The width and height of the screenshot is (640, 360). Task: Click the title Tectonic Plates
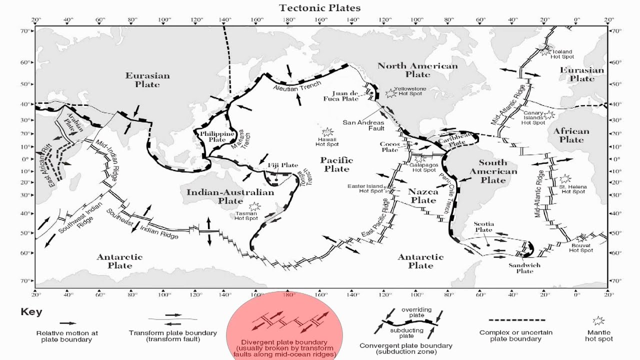tap(320, 7)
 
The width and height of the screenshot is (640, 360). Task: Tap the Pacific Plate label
tap(336, 164)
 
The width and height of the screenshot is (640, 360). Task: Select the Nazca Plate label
tap(423, 196)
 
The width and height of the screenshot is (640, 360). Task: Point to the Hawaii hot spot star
tap(327, 132)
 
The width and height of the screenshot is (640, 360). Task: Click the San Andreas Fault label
tap(363, 125)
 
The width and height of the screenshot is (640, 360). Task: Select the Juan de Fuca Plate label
tap(346, 96)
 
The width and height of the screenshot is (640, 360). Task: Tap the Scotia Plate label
tap(483, 227)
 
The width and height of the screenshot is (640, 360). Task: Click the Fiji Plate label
tap(282, 165)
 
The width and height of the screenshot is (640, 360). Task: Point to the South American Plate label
tap(493, 171)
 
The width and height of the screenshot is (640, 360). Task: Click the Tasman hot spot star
tap(255, 206)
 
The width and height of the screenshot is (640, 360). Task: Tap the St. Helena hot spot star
tap(565, 178)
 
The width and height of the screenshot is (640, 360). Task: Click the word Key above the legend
tap(31, 312)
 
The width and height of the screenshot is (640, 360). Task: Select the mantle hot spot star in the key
tap(597, 320)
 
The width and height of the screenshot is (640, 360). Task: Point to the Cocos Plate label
tap(390, 146)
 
